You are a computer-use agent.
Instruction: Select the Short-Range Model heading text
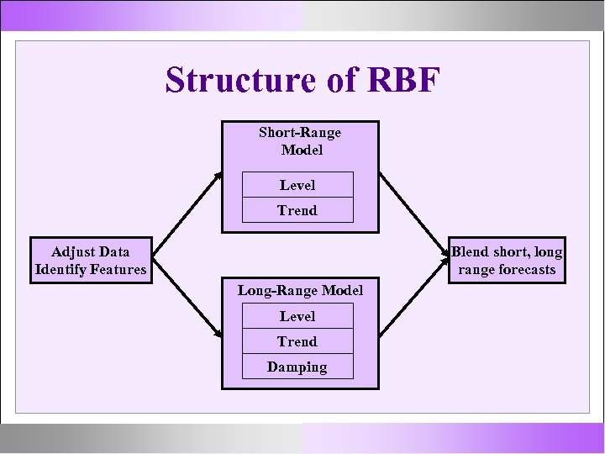point(299,141)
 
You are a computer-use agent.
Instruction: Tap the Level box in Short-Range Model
point(297,185)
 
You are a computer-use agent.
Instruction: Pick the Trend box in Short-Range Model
point(297,210)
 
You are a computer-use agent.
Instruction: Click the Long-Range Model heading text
point(299,290)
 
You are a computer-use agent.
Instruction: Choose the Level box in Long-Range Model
point(297,316)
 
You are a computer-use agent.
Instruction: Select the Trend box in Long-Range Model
point(297,341)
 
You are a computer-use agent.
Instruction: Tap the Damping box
point(297,367)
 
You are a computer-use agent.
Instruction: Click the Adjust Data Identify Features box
point(91,261)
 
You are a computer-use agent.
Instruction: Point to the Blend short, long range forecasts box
point(507,261)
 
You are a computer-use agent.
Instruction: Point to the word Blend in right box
point(471,251)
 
